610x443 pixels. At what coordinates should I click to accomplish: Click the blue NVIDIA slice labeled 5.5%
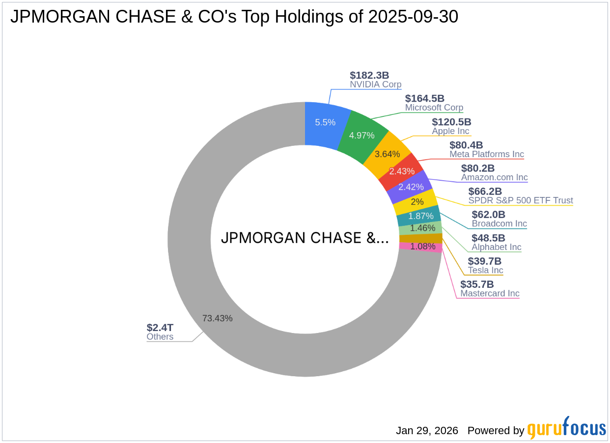(325, 123)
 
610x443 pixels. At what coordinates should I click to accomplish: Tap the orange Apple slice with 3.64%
(387, 154)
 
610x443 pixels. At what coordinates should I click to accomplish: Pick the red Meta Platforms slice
(402, 171)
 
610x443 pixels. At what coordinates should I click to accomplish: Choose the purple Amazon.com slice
(411, 187)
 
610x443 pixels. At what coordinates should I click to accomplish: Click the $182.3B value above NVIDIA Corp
(369, 75)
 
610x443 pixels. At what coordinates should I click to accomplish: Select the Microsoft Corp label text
(434, 108)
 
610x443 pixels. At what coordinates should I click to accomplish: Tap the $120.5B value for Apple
(451, 122)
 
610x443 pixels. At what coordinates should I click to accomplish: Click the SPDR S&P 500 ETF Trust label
(520, 200)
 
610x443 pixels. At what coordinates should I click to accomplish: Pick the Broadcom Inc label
(499, 223)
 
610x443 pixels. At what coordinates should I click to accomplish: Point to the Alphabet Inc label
(496, 247)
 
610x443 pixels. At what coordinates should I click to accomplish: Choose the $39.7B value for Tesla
(484, 261)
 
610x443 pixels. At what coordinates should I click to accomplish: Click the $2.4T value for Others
(160, 328)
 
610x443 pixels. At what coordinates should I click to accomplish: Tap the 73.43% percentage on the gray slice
(217, 318)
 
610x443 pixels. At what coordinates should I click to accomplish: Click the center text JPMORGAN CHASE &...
(305, 238)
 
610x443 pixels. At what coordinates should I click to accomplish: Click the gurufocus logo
(566, 429)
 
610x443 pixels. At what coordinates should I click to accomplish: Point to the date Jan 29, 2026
(427, 431)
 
